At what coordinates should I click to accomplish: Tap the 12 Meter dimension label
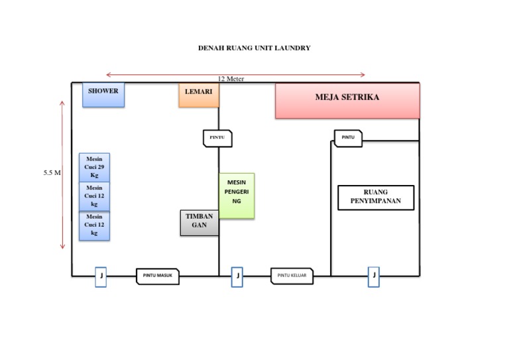pos(231,78)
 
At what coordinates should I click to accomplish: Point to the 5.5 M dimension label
pos(52,173)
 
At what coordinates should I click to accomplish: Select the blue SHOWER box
pos(103,95)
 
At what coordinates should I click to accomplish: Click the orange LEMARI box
pos(198,95)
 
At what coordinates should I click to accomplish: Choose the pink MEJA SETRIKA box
pos(347,101)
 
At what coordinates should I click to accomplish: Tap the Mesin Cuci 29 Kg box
pos(94,167)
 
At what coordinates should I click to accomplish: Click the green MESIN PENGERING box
pos(237,196)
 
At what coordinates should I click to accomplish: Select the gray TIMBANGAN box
pos(199,223)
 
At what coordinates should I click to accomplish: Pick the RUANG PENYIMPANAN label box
pos(376,198)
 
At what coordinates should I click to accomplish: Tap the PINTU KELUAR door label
pos(292,276)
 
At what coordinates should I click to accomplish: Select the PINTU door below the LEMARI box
pos(217,137)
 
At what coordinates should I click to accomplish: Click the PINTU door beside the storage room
pos(348,138)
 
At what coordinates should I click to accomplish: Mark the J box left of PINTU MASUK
pos(101,276)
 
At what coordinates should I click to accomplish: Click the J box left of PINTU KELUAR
pos(237,276)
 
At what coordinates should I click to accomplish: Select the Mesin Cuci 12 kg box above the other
pos(94,196)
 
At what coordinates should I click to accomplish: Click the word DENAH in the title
pos(211,48)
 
